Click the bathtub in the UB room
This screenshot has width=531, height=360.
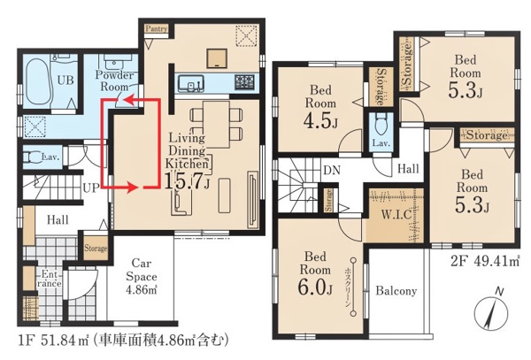39,82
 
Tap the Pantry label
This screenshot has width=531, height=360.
157,29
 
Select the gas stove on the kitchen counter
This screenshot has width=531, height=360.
245,82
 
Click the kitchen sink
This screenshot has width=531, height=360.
191,83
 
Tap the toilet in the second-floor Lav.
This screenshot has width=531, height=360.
381,124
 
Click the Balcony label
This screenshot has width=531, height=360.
396,291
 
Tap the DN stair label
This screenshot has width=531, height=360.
332,170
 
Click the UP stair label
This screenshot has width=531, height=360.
91,188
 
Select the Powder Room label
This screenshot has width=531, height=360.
114,80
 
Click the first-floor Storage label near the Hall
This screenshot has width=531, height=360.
96,248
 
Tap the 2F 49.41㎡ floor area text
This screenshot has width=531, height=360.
485,261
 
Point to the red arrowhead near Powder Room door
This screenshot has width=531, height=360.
128,99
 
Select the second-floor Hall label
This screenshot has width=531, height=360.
408,168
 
